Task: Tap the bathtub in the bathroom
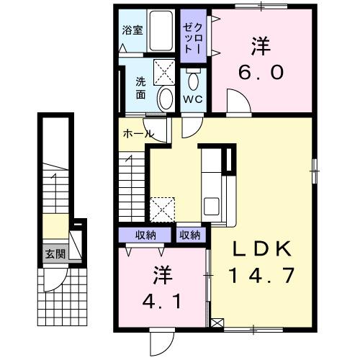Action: pyautogui.click(x=160, y=31)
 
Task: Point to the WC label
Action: pyautogui.click(x=192, y=99)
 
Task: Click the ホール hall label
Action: pyautogui.click(x=137, y=134)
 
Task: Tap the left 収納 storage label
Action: pyautogui.click(x=147, y=234)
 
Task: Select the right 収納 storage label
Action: pyautogui.click(x=190, y=234)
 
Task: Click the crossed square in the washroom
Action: pyautogui.click(x=165, y=70)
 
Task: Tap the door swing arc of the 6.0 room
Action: pyautogui.click(x=238, y=100)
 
